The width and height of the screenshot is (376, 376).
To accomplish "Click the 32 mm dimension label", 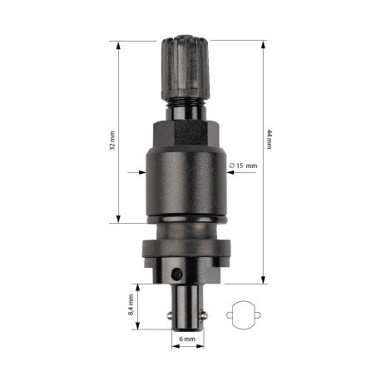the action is coord(112,141).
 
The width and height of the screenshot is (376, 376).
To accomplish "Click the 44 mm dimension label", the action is coord(269,139).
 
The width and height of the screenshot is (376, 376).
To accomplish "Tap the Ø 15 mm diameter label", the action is coord(243,166).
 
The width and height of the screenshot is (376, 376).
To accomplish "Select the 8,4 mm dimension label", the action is coord(131,304).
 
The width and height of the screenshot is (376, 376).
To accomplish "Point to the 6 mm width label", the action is coord(187,339).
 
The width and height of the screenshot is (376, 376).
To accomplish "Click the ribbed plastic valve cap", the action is coord(186,67).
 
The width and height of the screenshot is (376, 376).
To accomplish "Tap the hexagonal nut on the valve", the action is coord(186,134).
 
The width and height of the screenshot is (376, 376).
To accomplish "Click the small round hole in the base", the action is coord(176,275).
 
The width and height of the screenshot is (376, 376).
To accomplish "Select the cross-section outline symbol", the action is coord(243,315).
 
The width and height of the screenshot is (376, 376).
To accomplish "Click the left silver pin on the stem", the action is coord(170,315).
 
